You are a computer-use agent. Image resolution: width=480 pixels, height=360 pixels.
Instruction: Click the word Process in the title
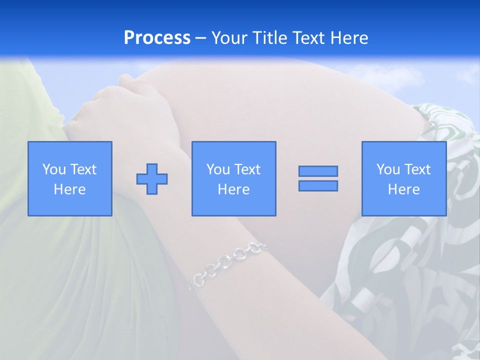coord(157,38)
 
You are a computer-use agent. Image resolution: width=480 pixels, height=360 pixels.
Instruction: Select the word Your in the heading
coord(229,38)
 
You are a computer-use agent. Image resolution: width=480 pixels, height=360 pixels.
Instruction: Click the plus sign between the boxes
coord(152,178)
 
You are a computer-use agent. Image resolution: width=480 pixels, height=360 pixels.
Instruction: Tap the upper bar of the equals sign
coord(318,171)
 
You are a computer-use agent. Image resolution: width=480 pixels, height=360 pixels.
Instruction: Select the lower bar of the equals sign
coord(318,185)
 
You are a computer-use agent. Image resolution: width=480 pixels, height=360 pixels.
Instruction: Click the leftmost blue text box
coord(70,178)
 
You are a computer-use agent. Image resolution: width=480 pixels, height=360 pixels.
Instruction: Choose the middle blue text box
coord(233,178)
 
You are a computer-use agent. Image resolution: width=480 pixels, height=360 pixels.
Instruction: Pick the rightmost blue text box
coord(403,178)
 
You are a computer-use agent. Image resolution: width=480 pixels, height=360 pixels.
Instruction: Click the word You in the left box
coord(54,169)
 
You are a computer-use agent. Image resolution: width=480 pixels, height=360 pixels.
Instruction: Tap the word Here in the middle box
coord(233,189)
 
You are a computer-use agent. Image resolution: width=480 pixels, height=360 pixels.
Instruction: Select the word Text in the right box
coord(417,169)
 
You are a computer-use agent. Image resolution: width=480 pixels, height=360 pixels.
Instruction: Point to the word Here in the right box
coord(403,189)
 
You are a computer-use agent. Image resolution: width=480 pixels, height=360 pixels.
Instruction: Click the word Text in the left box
coord(83,169)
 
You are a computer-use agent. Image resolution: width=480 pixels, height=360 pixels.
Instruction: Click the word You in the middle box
coord(218,169)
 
